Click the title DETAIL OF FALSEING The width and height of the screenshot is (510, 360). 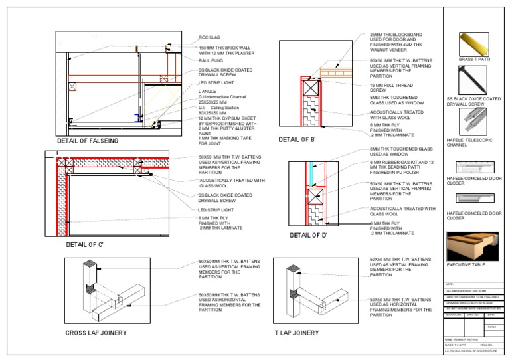[x=88, y=141]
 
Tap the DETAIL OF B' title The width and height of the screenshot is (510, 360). [x=299, y=139]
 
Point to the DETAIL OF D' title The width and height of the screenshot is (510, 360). [x=309, y=234]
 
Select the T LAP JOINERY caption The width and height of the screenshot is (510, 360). [x=296, y=332]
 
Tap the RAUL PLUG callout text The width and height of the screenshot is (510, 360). [x=211, y=60]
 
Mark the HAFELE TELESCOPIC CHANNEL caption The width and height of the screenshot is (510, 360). [x=472, y=141]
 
